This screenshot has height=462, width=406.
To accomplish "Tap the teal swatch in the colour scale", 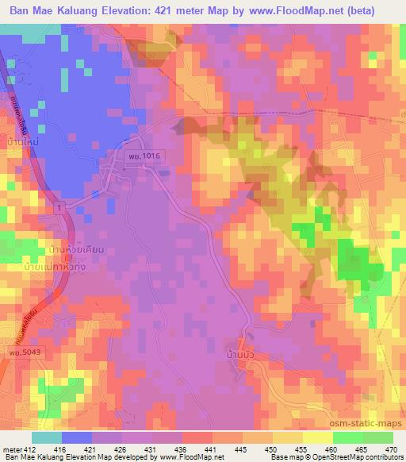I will (47, 437).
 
